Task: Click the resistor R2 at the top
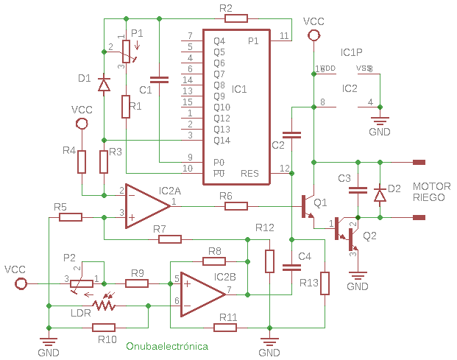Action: pos(236,18)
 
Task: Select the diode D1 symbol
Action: pos(104,85)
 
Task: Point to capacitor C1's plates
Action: pos(157,77)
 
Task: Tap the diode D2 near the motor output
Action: pos(380,194)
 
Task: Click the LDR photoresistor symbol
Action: pos(103,304)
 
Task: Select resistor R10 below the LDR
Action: pos(103,328)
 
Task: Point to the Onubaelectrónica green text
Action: pos(167,346)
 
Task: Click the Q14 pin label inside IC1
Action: pos(222,140)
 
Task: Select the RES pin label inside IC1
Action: pos(249,174)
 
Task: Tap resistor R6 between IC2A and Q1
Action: pos(236,206)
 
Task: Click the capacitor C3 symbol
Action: pos(358,190)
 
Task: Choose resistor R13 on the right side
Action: pos(325,283)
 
